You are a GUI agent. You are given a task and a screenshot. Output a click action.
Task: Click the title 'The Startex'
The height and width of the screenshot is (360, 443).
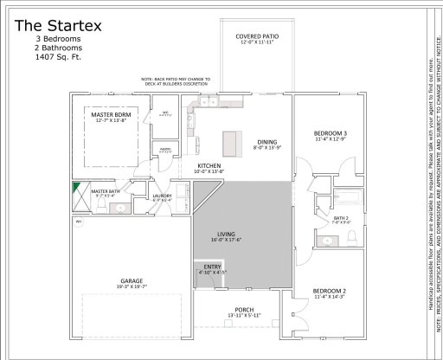pos(58,25)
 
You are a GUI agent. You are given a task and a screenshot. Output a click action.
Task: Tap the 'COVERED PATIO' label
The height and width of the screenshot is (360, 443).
pos(256,35)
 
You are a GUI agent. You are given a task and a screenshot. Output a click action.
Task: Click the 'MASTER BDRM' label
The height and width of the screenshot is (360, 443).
pos(111,114)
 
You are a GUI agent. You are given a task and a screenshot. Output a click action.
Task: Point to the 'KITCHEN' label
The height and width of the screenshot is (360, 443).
pos(210,165)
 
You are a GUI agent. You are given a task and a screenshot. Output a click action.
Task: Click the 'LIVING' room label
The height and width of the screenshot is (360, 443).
pos(228,234)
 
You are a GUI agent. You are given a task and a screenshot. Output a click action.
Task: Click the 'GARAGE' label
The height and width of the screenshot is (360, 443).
pos(132,280)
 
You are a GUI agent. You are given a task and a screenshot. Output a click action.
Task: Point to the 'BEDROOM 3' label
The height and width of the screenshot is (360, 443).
pos(330,132)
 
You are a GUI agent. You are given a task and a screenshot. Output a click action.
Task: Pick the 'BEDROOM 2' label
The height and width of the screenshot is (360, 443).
pos(330,291)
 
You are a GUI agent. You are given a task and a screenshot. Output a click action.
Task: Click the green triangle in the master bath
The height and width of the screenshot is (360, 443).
pos(77,185)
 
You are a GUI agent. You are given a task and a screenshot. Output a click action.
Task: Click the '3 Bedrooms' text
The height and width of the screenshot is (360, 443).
pos(59,40)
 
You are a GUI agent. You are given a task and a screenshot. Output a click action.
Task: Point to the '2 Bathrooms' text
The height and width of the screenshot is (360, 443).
pos(59,50)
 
